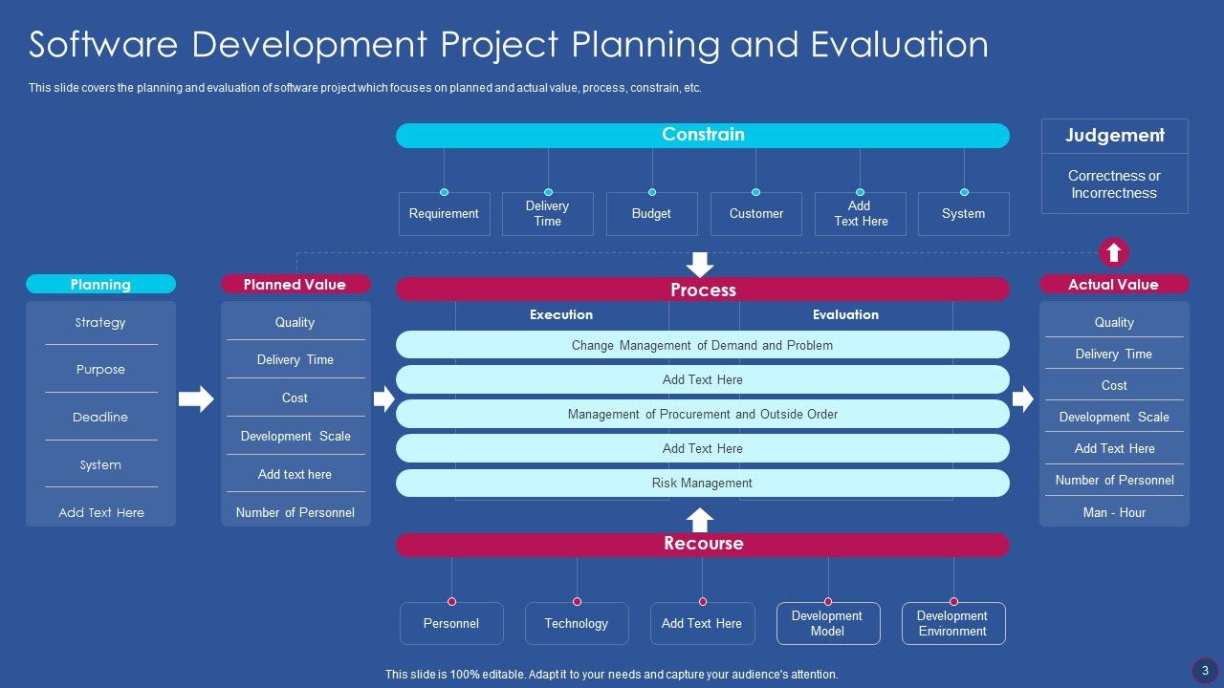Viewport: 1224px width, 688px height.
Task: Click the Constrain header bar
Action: tap(703, 135)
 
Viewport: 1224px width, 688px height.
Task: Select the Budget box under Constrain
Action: tap(651, 214)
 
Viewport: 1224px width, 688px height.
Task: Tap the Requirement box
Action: tap(444, 214)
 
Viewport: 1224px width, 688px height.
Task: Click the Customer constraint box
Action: tap(755, 214)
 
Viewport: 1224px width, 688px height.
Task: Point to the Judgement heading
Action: tap(1114, 136)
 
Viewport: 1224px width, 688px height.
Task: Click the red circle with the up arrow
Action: tap(1113, 252)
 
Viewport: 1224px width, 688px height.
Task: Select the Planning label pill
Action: tap(100, 284)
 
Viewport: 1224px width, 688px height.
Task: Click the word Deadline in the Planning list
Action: tap(100, 417)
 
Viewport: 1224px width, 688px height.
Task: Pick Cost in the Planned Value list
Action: tap(295, 398)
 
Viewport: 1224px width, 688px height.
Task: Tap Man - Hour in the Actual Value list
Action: tap(1114, 512)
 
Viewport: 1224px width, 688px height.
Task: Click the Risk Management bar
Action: tap(703, 483)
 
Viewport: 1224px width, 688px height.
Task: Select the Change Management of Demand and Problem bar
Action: tap(703, 345)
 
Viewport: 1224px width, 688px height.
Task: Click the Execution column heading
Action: tap(561, 314)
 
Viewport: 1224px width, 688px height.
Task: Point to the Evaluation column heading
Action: tap(845, 314)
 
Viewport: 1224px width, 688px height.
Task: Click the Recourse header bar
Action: tap(703, 544)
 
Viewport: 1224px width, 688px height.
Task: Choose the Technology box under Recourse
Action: tap(577, 623)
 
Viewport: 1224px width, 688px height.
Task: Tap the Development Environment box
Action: tap(952, 623)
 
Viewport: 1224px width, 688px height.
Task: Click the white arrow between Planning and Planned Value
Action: tap(196, 398)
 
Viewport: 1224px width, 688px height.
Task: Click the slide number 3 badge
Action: tap(1205, 671)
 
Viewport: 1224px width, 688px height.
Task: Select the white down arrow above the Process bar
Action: tap(701, 264)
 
